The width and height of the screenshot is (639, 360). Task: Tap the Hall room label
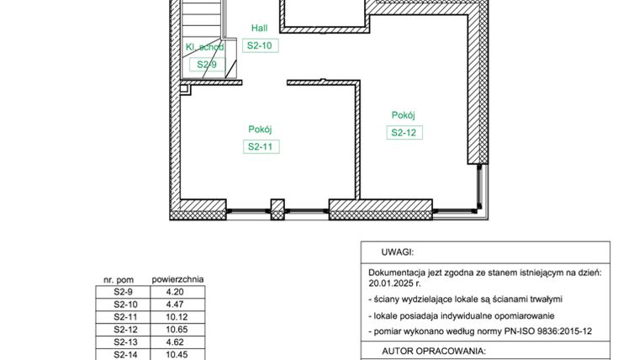point(260,28)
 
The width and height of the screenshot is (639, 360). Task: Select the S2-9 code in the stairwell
point(207,65)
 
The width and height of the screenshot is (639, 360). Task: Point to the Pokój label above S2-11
point(261,129)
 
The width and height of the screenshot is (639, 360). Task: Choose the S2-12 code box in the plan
point(404,132)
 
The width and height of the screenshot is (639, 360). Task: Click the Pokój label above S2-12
point(404,115)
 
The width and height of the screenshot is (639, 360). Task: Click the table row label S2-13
point(124,342)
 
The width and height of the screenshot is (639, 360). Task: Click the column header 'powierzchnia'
point(177,279)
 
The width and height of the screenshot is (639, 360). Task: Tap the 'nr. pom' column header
point(119,279)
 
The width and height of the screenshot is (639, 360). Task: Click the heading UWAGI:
point(398,251)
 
